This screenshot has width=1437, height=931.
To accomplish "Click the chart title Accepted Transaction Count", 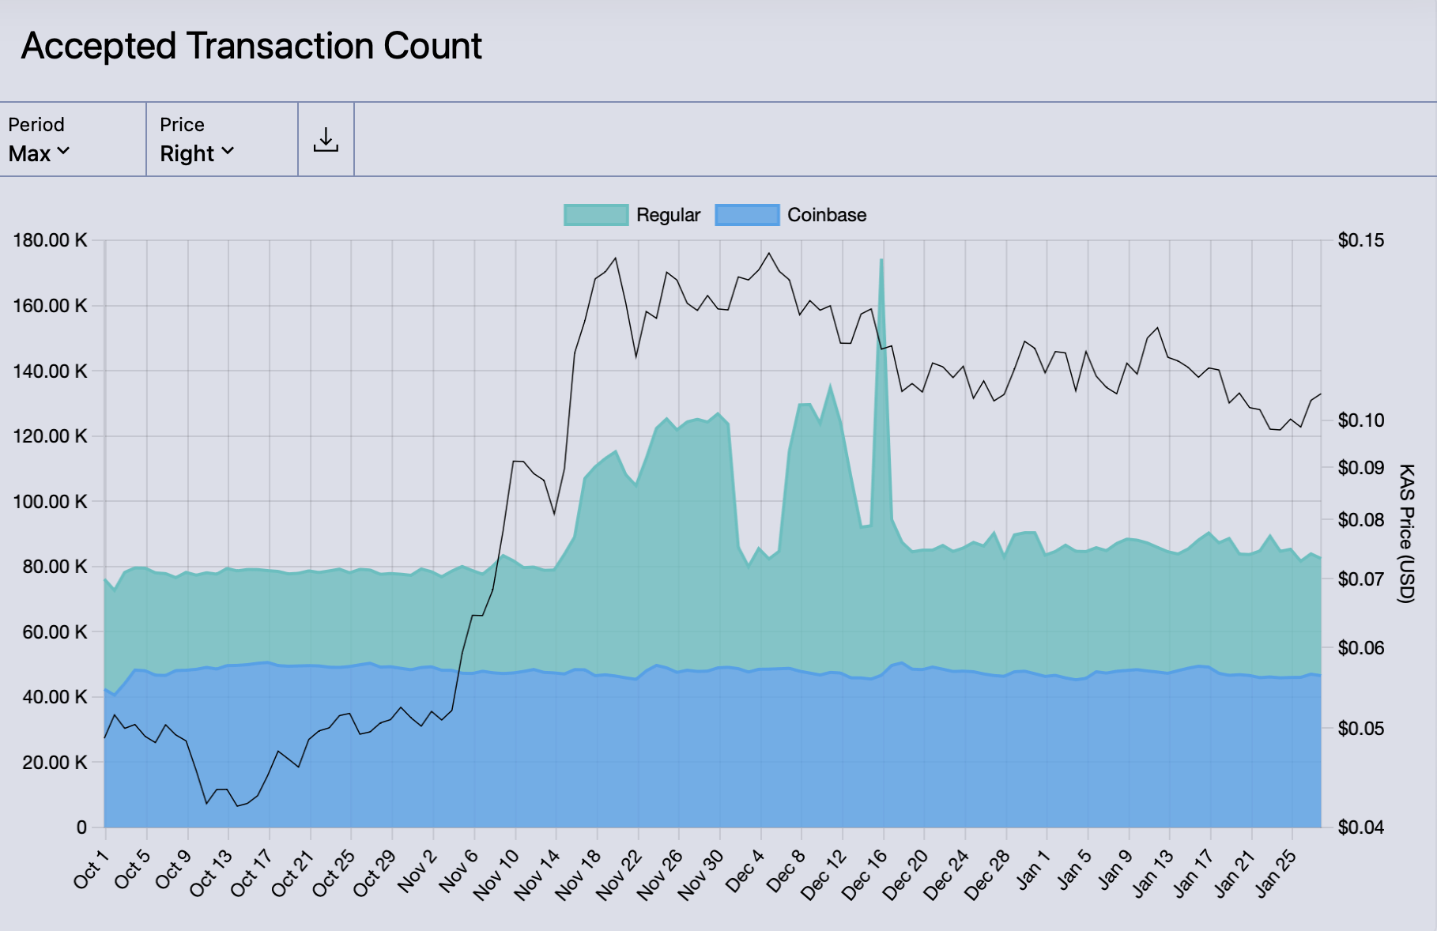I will click(x=251, y=46).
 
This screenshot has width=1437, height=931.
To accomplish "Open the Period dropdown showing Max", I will click(x=40, y=153).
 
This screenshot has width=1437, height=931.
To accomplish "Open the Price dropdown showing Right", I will click(x=197, y=153).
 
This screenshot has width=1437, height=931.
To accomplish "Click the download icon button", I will click(x=326, y=140).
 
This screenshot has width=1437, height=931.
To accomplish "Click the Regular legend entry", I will click(x=632, y=215).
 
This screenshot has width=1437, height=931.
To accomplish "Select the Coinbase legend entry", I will click(x=790, y=215).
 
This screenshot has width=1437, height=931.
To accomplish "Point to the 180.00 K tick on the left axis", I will click(x=50, y=240).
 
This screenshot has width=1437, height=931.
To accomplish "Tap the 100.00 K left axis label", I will click(x=50, y=502).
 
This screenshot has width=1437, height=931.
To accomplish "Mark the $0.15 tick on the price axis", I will click(x=1360, y=240).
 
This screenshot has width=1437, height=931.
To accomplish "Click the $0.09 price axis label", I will click(x=1360, y=468).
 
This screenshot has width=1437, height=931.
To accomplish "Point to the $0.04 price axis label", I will click(x=1360, y=827).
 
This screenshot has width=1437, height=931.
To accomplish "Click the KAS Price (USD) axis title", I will click(x=1406, y=533).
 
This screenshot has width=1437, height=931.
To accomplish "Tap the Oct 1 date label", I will click(x=90, y=869).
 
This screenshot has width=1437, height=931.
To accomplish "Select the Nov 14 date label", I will click(x=537, y=875).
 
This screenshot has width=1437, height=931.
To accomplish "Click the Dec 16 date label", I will click(x=865, y=875).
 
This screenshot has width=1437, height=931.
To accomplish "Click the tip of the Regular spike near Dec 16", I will click(x=881, y=260).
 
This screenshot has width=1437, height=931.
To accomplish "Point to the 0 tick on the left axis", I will click(x=81, y=827).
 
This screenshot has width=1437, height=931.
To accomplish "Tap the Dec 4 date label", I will click(x=745, y=871).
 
